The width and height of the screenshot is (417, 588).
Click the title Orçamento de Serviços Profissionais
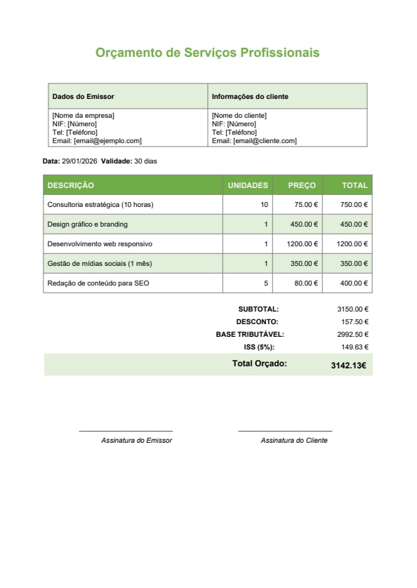coord(207,53)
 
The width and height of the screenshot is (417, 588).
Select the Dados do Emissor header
coord(83,96)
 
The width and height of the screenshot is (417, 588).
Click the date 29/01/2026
coord(79,161)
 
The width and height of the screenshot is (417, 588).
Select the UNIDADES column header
coord(248,185)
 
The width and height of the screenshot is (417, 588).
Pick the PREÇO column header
coord(302,185)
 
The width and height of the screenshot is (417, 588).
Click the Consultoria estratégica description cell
coord(100,205)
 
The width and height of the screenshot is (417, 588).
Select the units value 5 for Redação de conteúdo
coord(266,283)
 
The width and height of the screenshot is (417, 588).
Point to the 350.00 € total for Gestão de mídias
coord(354,264)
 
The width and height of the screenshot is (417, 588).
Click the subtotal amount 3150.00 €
coord(352,309)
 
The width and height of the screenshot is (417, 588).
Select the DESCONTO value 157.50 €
coord(355,321)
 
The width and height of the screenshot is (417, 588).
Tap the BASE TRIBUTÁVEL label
coord(250,335)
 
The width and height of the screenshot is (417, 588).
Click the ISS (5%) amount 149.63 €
coord(355,347)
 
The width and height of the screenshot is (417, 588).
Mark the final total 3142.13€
coord(348,365)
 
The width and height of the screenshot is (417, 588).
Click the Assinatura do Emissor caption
coord(136,441)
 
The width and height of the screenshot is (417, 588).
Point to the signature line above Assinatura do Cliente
coord(285,431)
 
